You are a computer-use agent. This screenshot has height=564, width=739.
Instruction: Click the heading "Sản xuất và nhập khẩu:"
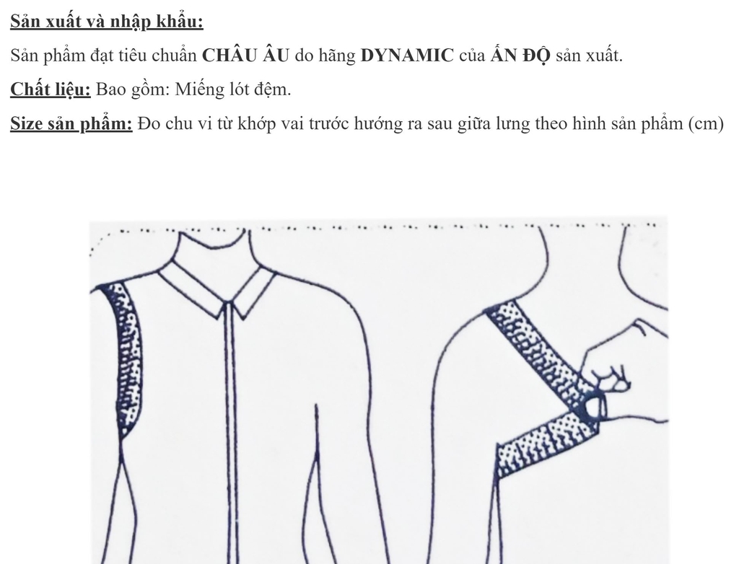[x=107, y=22]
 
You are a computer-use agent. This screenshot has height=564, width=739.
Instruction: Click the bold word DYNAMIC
[x=407, y=56]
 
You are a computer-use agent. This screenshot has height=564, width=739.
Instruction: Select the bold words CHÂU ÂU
[x=245, y=56]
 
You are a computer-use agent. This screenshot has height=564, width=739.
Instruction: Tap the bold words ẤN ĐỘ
[x=520, y=56]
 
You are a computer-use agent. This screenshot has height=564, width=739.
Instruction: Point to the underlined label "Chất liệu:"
[x=50, y=90]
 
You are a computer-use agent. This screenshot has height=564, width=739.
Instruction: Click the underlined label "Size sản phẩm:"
[x=71, y=124]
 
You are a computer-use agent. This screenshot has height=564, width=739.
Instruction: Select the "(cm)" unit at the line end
[x=706, y=124]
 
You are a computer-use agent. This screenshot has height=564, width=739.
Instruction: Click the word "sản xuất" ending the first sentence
[x=588, y=56]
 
